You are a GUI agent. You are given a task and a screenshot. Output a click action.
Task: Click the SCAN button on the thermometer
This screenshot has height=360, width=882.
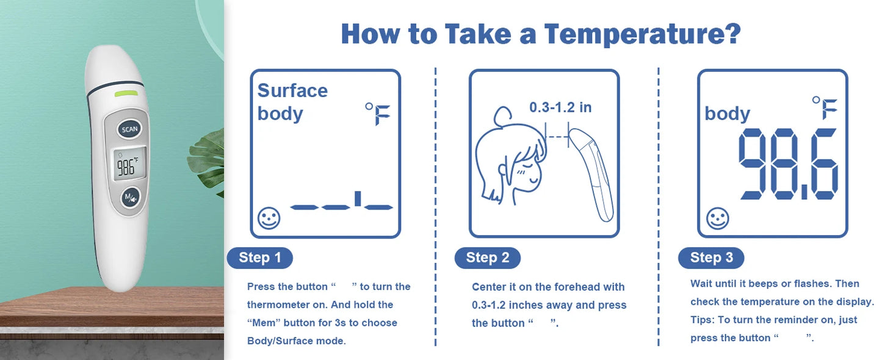tap(130, 129)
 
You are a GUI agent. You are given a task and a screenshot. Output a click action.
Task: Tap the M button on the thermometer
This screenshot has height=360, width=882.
tap(130, 197)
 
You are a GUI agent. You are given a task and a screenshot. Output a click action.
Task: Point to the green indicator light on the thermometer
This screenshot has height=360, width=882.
tap(126, 93)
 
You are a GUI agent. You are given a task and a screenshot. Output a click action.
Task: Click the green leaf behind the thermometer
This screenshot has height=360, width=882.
tap(208, 159)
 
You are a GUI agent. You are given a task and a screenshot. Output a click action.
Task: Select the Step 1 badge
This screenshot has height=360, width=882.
tap(259, 257)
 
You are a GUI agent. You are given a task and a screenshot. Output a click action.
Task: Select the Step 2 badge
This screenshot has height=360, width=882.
tap(487, 257)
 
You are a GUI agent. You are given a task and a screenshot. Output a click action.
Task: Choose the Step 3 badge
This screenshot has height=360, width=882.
tap(711, 257)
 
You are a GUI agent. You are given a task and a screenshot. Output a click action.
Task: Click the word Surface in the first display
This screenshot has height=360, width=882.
tap(292, 91)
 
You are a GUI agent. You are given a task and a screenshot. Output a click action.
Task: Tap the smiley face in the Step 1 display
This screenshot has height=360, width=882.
tap(269, 218)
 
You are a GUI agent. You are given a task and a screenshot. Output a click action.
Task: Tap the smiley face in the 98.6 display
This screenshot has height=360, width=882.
tap(717, 218)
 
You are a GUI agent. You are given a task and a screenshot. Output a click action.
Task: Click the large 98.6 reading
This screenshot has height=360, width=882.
tap(787, 164)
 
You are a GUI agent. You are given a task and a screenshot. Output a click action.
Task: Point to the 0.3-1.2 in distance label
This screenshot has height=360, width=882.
tap(560, 108)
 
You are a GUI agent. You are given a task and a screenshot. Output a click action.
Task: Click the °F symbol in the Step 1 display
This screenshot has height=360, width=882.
tap(378, 113)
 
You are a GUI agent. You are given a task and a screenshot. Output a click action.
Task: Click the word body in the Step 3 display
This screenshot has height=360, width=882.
tap(727, 113)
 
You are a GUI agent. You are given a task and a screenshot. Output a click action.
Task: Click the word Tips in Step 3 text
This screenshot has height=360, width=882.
tap(701, 320)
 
